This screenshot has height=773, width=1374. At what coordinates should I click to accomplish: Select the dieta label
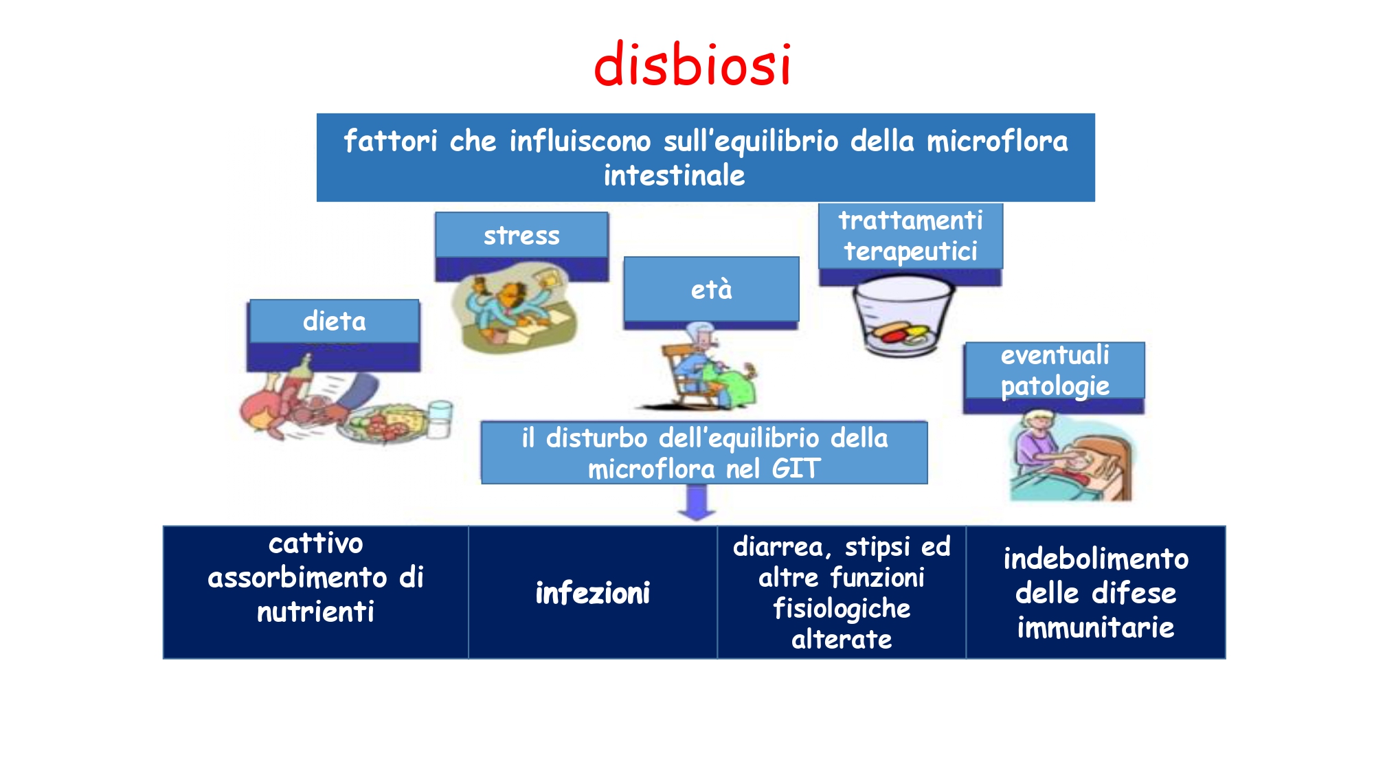[335, 321]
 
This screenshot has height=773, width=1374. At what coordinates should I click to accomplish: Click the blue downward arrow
[697, 502]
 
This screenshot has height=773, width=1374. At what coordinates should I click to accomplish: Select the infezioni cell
[593, 592]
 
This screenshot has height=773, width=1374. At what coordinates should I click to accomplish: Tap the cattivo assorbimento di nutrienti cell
[316, 592]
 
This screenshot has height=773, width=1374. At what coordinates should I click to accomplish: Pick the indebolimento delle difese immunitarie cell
[1096, 592]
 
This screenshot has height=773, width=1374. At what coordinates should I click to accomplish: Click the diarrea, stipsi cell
[842, 592]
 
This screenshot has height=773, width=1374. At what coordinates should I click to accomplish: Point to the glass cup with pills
[901, 316]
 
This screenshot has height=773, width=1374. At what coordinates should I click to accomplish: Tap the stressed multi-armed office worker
[515, 308]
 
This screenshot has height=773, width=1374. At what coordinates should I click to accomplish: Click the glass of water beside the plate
[440, 418]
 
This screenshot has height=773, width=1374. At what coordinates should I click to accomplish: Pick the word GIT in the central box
[796, 469]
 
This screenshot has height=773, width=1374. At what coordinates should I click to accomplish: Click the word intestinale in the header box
[674, 175]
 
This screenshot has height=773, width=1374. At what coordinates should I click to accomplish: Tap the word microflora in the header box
[997, 141]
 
